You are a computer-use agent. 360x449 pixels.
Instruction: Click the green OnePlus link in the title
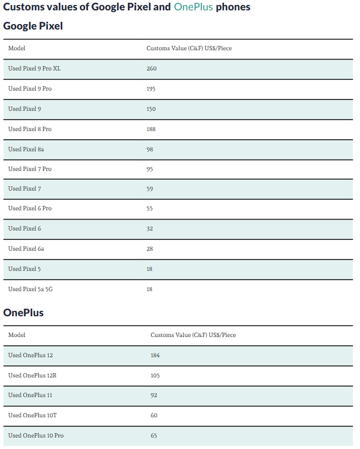193,8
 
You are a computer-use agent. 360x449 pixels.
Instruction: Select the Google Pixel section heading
33,26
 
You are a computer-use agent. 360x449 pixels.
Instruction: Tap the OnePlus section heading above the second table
23,313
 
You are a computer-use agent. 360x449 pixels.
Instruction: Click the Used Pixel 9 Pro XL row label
34,69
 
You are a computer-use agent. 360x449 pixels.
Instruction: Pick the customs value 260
151,69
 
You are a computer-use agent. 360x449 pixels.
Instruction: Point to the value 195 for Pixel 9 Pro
151,88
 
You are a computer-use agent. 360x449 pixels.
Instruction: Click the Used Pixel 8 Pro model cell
30,129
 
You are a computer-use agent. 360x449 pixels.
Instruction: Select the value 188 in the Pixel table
151,129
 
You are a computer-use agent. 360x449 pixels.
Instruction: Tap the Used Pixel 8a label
26,149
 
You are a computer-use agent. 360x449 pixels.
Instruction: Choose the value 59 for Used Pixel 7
150,189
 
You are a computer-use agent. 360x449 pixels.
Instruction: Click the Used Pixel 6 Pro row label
30,209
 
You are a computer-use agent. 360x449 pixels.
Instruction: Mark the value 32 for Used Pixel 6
150,229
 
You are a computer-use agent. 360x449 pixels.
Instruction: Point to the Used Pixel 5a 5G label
31,289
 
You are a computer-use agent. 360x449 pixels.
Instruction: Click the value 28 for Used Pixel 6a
150,249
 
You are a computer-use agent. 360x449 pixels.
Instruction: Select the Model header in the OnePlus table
16,335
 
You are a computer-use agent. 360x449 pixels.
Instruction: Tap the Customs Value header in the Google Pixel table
189,49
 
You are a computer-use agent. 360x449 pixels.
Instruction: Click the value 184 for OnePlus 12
155,356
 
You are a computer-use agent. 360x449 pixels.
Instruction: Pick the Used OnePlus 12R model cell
32,375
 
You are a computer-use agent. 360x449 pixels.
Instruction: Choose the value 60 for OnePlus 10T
154,416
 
